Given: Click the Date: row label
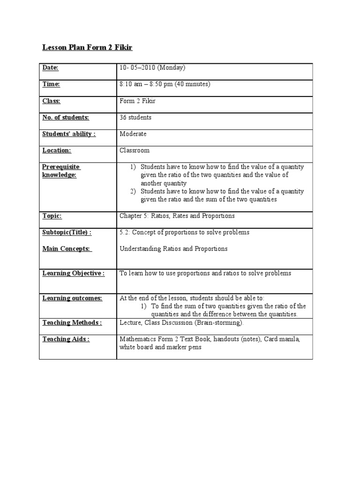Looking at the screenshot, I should (51, 68).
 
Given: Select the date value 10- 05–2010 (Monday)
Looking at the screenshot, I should (153, 68).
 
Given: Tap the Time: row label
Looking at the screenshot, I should (51, 84).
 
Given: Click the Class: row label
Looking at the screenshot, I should (52, 101).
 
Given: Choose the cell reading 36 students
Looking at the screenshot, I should (135, 118).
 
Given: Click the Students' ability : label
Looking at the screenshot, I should (69, 134).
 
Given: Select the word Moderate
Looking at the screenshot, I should (133, 134).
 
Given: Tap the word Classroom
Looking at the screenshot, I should (134, 150).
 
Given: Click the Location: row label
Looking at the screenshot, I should (57, 150).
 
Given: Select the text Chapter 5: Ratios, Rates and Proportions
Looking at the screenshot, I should (177, 216).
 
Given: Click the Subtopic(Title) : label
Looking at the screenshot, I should (67, 232).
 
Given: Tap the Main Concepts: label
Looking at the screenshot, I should (67, 249).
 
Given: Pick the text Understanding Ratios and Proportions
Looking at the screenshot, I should (173, 249).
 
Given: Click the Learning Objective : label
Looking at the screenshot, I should (73, 273).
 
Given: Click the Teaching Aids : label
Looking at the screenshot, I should (66, 339).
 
